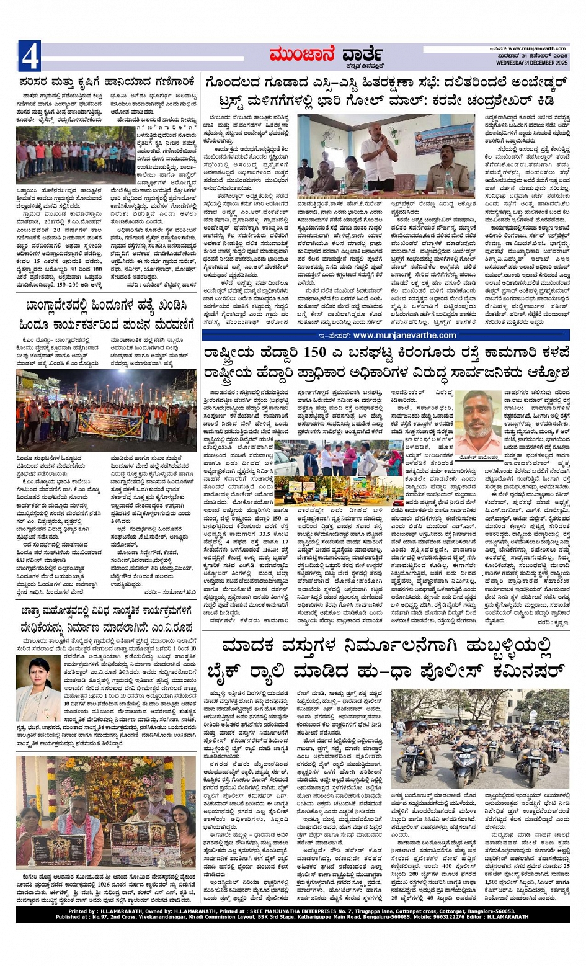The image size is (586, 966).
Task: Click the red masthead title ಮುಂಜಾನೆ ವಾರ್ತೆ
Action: click(x=326, y=55)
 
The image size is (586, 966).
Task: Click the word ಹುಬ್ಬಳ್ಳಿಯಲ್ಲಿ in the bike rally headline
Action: click(x=491, y=645)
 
